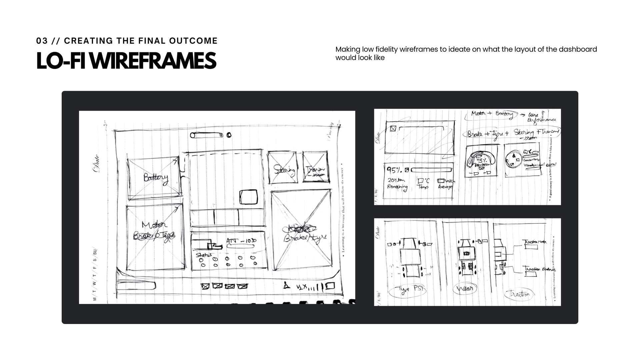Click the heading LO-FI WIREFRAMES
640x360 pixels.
point(126,61)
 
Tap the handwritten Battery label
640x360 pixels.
point(156,178)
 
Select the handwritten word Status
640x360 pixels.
point(204,255)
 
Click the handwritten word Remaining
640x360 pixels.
point(397,187)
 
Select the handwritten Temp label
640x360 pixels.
point(423,187)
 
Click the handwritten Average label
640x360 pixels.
point(445,187)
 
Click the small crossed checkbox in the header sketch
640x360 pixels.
point(393,128)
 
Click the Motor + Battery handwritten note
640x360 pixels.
point(492,114)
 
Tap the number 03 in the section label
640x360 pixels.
point(42,41)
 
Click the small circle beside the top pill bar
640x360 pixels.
point(229,135)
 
